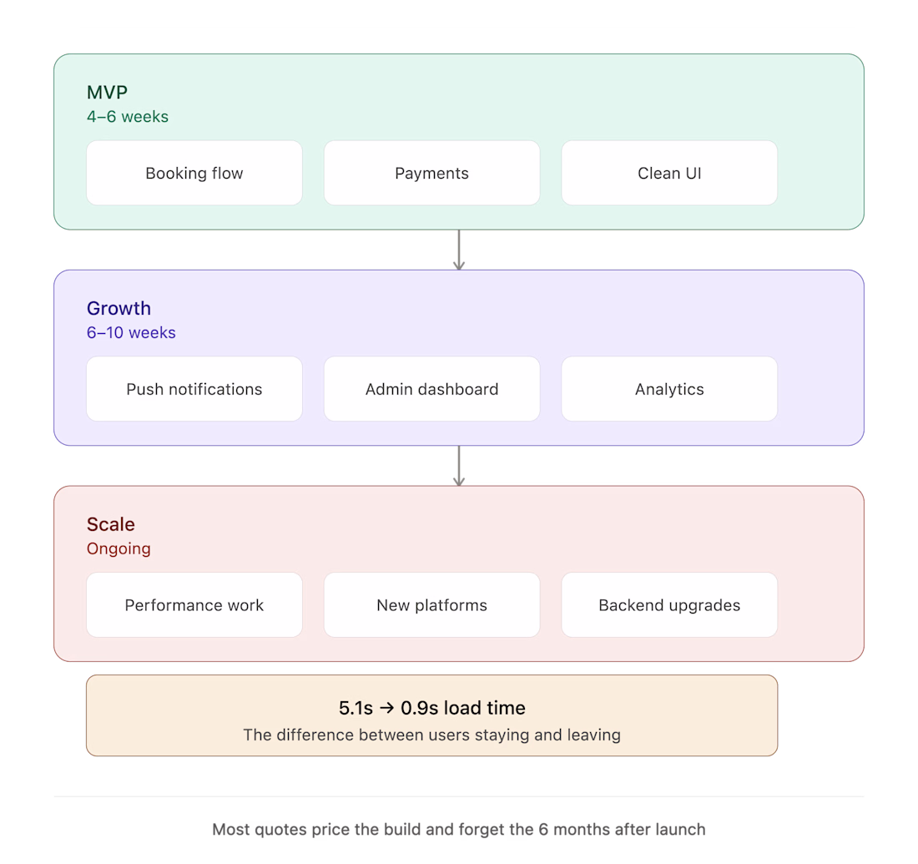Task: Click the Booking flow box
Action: click(x=194, y=173)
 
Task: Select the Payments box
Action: click(x=432, y=173)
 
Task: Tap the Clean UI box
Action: click(x=669, y=173)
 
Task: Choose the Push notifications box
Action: click(x=194, y=389)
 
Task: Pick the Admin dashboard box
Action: click(x=432, y=389)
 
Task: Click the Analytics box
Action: click(x=669, y=389)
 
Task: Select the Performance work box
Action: click(x=194, y=604)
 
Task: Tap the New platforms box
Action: click(x=432, y=604)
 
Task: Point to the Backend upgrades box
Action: click(x=669, y=604)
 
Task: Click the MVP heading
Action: click(x=107, y=92)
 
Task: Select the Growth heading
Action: click(x=119, y=308)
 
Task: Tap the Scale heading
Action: click(x=111, y=524)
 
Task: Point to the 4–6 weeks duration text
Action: click(x=128, y=117)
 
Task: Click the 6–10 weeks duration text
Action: click(x=131, y=333)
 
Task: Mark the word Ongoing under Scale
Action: click(x=119, y=548)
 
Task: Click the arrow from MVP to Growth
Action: click(x=459, y=250)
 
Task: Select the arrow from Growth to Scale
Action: click(x=459, y=466)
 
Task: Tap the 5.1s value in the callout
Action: click(x=356, y=708)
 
